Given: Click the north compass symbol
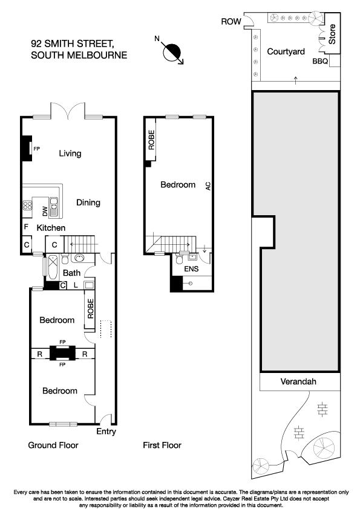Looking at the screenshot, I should tap(174, 53).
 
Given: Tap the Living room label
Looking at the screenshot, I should tap(70, 154).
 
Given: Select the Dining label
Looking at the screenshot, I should tap(88, 203).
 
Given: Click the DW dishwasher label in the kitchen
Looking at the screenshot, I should tap(45, 210).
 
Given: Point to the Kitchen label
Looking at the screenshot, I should tap(51, 228).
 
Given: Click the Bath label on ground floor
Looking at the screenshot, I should tap(72, 273).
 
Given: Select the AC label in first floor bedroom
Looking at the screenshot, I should tap(208, 186).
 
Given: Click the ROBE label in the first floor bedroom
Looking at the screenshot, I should tap(151, 140).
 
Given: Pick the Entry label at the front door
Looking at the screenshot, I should tap(106, 432).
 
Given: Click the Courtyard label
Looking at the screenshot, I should tap(286, 52).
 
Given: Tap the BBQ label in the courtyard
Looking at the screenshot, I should tap(320, 62).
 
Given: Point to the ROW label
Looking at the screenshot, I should tap(231, 22).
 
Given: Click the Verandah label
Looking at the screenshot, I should tap(298, 382).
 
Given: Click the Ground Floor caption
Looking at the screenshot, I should tap(53, 446).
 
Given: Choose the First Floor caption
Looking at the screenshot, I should tap(162, 446).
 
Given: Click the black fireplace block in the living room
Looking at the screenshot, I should tap(27, 148).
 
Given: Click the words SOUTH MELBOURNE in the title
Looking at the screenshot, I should tap(79, 55).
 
